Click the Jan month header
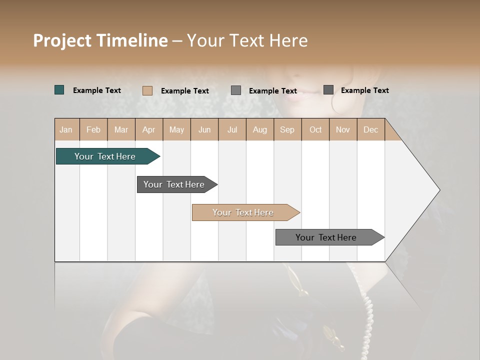(x=66, y=130)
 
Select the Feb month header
(x=93, y=130)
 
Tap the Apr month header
(x=148, y=130)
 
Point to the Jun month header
(x=204, y=130)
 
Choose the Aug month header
(x=259, y=130)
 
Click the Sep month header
(x=287, y=130)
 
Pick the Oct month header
(x=315, y=130)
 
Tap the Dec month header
(x=370, y=130)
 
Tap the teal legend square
(x=59, y=90)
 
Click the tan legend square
(x=147, y=90)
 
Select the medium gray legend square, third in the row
(x=236, y=90)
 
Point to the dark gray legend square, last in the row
(x=328, y=90)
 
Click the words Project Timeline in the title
(x=100, y=40)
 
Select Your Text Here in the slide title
(x=247, y=40)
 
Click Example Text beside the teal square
(x=97, y=90)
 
